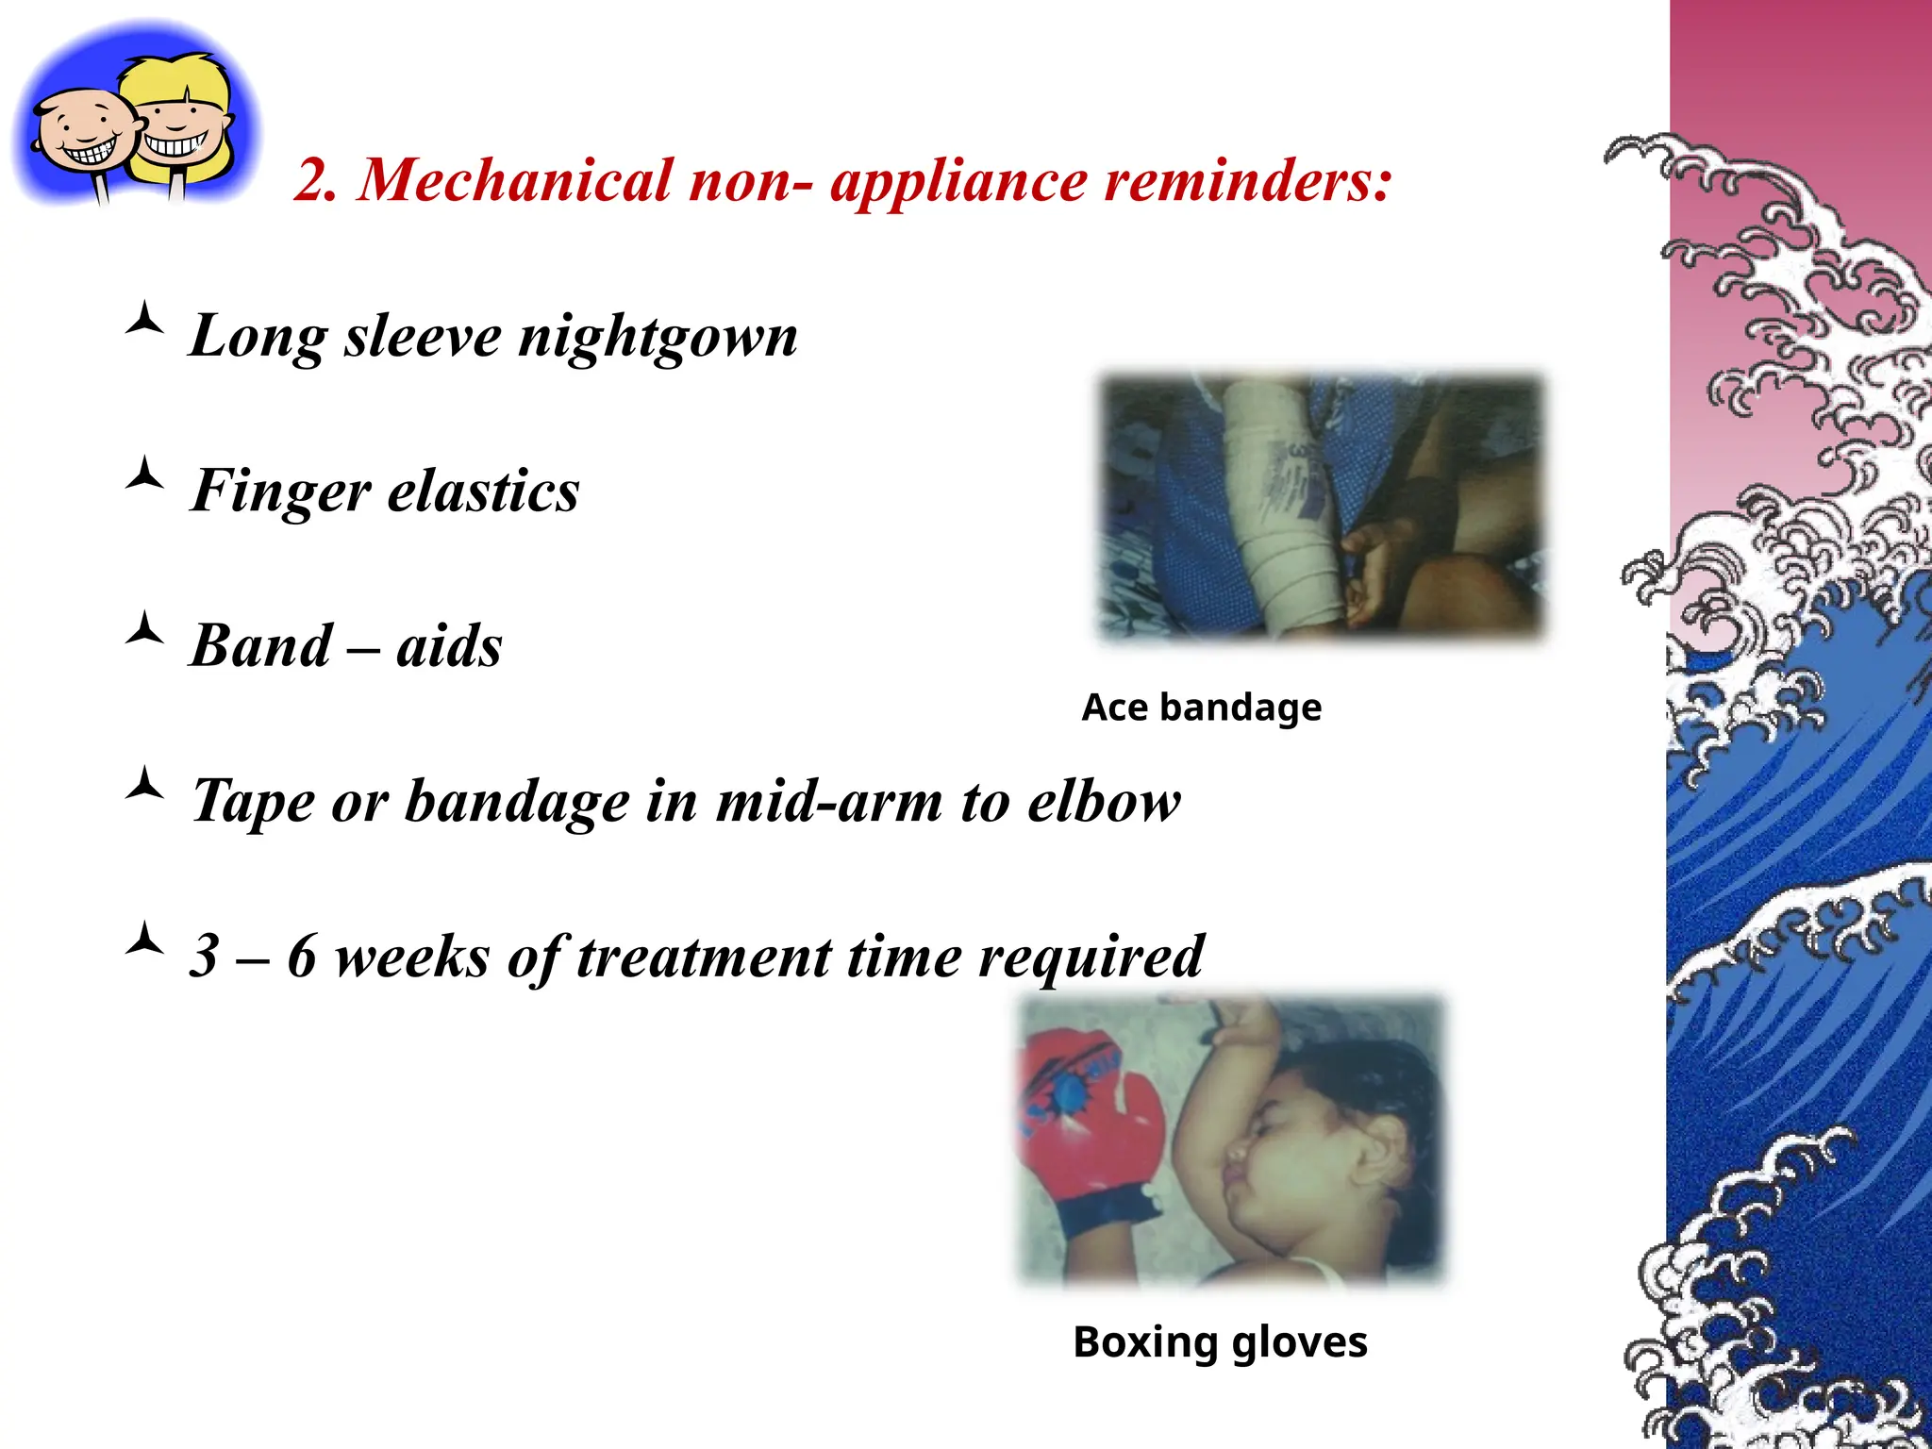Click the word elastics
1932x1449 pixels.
tap(483, 491)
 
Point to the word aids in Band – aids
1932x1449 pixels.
tap(449, 646)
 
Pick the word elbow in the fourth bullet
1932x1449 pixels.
tap(1104, 802)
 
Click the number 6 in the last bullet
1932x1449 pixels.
tap(301, 957)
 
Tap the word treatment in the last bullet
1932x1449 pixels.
tap(703, 957)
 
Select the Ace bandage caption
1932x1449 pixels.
tap(1201, 708)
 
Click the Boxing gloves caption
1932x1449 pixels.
tap(1220, 1342)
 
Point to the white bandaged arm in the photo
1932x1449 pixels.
tap(1283, 509)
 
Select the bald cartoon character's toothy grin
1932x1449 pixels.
tap(90, 151)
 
